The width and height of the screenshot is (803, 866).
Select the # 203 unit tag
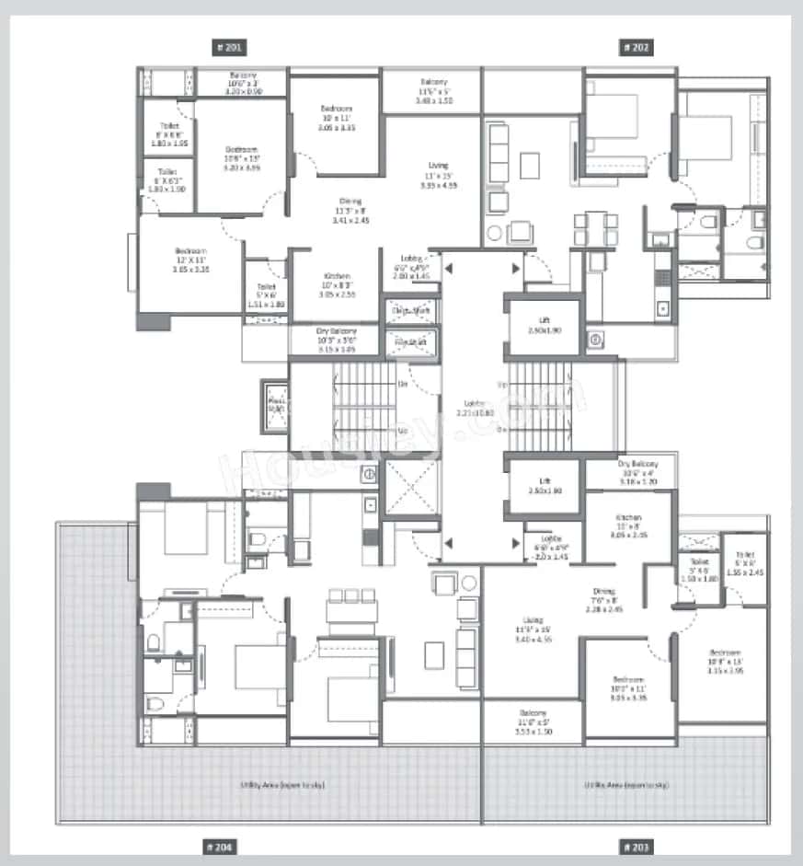tap(637, 846)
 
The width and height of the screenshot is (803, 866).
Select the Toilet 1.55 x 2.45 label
tap(745, 563)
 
